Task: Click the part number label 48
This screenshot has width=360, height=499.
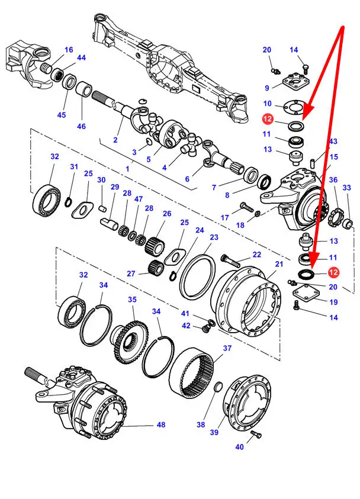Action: coord(162,424)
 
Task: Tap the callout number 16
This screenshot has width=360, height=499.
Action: coord(69,50)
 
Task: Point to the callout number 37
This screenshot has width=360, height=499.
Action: coord(227,348)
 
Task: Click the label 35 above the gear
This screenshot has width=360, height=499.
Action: coord(132,300)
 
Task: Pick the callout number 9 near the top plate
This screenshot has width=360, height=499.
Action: coord(267,88)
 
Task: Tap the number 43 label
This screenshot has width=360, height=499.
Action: coord(333,141)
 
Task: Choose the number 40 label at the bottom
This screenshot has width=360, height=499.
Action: coord(240,447)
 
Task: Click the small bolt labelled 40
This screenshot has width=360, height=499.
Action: coord(256,435)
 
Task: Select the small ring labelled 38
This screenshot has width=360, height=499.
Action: coord(217,388)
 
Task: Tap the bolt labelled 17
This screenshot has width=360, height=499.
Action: coord(247,207)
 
